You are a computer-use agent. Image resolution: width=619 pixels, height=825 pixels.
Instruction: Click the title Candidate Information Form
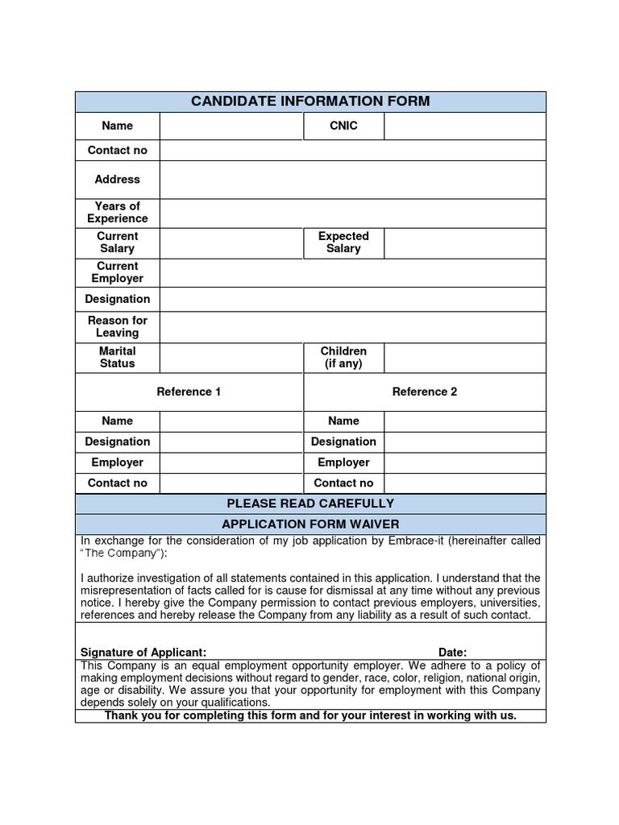(310, 102)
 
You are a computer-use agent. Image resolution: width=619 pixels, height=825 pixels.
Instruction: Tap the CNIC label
(343, 126)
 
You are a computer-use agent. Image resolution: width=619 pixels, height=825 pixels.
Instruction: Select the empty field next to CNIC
(464, 126)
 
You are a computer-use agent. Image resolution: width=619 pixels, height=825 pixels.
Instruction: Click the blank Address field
(352, 180)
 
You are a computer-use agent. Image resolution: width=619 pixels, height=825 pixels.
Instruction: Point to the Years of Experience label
(118, 213)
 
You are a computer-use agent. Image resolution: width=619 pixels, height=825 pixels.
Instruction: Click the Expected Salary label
(343, 243)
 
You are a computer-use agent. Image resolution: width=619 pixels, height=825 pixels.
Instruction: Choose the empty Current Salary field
(231, 243)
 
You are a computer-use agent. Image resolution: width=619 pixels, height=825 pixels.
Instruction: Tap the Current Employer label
(118, 272)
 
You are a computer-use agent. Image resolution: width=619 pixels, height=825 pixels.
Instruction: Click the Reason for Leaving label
(118, 326)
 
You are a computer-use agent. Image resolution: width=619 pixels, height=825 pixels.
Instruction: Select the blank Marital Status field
(231, 357)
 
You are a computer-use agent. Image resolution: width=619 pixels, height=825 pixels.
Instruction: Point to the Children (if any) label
(343, 357)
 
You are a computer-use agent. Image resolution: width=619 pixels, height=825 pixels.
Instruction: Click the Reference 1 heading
(189, 392)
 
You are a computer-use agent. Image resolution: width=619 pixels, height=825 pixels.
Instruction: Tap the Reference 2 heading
(425, 392)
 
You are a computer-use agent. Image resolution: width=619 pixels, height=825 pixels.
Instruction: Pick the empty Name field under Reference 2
(464, 421)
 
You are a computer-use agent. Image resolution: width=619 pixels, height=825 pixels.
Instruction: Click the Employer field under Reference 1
(231, 462)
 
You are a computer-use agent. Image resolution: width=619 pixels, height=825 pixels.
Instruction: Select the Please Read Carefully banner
(310, 504)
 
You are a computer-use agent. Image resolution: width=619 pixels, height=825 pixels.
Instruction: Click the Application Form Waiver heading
(310, 524)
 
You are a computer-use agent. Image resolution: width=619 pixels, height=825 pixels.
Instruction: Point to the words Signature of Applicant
(143, 652)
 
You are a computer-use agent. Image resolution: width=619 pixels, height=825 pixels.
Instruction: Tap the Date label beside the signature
(452, 652)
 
